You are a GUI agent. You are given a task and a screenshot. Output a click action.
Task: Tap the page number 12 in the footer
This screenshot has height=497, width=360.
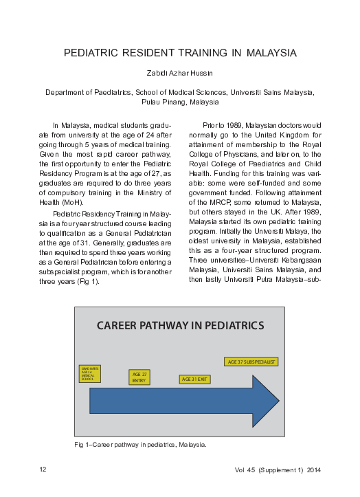tap(43, 470)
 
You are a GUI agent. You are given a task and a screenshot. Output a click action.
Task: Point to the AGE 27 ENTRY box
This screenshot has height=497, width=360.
tap(139, 377)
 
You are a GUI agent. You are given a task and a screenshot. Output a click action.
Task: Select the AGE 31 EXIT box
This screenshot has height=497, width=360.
tap(195, 379)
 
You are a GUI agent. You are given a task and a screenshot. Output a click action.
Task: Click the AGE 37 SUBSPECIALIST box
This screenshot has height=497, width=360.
tap(251, 362)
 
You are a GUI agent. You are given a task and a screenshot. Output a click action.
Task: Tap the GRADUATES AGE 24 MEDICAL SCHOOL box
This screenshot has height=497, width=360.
tap(90, 375)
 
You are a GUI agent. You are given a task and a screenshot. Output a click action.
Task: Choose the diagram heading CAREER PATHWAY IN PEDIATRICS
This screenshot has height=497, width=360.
tap(180, 325)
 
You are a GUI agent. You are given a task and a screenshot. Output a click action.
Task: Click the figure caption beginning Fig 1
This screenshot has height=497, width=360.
tap(140, 445)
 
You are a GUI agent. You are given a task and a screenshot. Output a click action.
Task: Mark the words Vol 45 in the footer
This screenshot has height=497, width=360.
tap(244, 470)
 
